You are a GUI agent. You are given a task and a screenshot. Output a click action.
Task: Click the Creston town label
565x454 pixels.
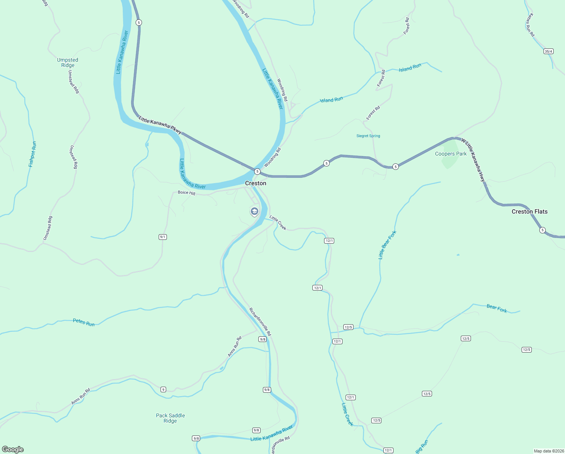[256, 183]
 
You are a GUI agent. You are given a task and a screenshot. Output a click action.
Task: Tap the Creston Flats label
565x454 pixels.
[529, 211]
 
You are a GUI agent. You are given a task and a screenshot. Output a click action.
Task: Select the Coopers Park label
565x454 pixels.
[451, 154]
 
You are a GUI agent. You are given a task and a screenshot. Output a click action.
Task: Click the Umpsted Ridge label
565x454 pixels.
[68, 62]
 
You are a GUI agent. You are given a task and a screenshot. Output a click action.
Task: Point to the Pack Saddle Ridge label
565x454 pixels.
[170, 418]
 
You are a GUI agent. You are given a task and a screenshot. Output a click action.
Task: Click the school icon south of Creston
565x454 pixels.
[255, 211]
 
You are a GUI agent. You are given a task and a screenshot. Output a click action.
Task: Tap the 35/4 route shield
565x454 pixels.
[548, 51]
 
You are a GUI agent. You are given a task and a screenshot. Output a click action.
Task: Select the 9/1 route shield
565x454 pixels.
[163, 237]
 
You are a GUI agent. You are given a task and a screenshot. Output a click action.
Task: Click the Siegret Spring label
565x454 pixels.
[368, 136]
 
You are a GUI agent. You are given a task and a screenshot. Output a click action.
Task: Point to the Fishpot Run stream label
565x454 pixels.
[32, 154]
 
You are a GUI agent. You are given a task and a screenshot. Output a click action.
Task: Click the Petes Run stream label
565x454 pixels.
[83, 322]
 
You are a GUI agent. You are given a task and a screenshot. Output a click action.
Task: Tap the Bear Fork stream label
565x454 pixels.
[497, 308]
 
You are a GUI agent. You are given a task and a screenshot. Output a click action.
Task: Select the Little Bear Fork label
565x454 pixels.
[387, 245]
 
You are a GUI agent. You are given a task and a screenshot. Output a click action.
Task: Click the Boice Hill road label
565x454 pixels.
[187, 193]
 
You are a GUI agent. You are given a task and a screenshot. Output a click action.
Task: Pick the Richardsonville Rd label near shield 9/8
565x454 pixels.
[260, 322]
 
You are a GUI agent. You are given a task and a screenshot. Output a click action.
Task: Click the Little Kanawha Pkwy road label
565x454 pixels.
[160, 125]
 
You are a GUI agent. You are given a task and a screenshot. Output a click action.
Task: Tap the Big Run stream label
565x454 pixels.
[422, 446]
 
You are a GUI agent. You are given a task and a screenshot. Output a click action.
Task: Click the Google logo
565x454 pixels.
[13, 449]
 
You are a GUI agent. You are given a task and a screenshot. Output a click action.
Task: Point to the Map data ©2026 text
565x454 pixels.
[548, 451]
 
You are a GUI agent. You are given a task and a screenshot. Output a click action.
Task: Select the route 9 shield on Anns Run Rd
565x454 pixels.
[163, 389]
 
